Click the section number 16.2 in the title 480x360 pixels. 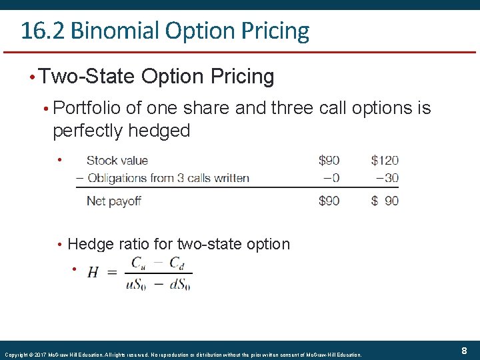coord(41,31)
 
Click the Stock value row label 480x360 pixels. coord(117,160)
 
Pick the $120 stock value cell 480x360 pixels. coord(385,160)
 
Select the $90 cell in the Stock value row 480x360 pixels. coord(329,160)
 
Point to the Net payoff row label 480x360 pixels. coord(114,201)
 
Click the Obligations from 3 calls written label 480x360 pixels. coord(168,178)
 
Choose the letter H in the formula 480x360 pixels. coord(93,273)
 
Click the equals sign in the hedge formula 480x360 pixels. coord(111,273)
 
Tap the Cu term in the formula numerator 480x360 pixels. coord(139,263)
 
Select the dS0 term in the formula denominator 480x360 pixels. coord(180,283)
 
